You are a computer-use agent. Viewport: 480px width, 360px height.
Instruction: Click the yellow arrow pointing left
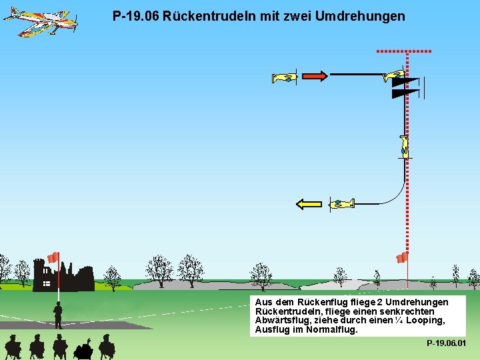click(309, 204)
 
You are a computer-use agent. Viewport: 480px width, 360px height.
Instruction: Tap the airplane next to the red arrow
click(284, 78)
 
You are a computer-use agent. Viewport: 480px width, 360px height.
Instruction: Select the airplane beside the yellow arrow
click(341, 203)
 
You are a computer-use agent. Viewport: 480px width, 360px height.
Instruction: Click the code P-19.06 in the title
click(135, 15)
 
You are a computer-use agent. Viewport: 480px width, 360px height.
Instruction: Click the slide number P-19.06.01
click(446, 343)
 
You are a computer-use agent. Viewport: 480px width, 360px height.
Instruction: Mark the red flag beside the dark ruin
click(53, 257)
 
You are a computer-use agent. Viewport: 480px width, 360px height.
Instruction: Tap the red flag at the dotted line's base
click(401, 258)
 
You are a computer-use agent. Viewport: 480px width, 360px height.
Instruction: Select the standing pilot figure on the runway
click(58, 315)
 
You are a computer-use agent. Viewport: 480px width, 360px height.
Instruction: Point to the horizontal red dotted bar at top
click(404, 51)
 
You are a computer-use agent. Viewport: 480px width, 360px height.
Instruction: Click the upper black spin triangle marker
click(405, 82)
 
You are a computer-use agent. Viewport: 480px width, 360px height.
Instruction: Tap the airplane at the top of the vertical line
click(394, 75)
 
